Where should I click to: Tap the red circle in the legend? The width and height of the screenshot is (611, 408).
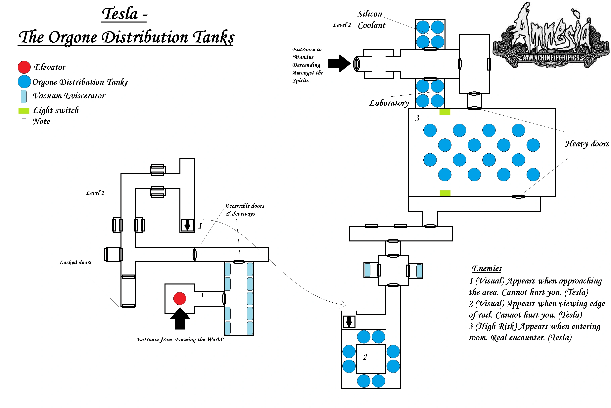pos(24,67)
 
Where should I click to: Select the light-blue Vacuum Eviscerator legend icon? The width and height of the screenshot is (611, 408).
pos(24,96)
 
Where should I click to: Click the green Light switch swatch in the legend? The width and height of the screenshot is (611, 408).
pos(24,111)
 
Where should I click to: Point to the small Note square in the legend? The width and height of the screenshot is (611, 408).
pos(24,122)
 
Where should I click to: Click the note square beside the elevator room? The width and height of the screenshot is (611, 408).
pos(200,295)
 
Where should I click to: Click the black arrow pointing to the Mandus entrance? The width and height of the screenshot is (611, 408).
pos(339,64)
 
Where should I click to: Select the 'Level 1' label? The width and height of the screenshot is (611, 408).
pos(95,193)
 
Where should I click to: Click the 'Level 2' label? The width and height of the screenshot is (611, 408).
pos(342,25)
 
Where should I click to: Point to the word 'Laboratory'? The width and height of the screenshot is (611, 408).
pos(389,103)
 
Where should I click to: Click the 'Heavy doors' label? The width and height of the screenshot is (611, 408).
pos(587,144)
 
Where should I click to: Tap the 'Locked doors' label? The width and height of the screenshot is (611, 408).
pos(75,262)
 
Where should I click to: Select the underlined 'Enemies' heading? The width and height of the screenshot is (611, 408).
pos(487,269)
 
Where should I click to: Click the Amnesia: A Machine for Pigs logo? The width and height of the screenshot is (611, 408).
pos(551,36)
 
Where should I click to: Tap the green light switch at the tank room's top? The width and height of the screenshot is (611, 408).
pos(445,112)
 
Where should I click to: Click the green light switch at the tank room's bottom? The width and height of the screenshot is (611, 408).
pos(445,193)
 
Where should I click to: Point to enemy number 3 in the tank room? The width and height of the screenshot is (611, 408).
pos(417,118)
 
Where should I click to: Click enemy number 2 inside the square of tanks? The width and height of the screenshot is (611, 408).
pos(365,357)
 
